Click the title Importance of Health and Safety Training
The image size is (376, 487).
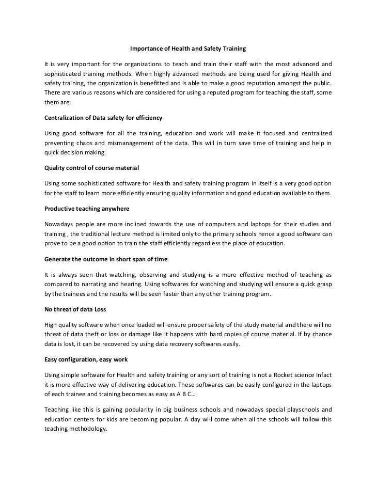click(x=187, y=49)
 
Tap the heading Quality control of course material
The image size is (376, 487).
click(x=91, y=168)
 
